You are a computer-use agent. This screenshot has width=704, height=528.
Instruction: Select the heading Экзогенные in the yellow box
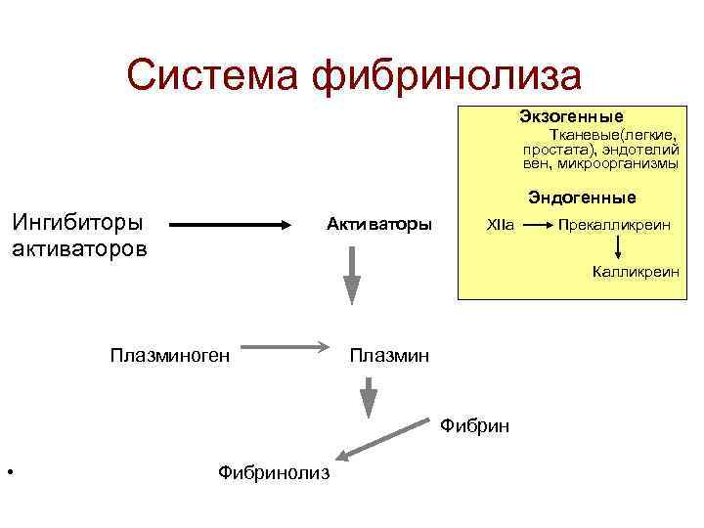[x=571, y=115]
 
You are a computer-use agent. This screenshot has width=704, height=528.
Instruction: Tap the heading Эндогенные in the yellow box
[x=582, y=198]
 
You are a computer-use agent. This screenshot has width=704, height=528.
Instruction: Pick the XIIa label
[x=499, y=225]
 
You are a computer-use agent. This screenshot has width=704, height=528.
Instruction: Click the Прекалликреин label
[x=614, y=225]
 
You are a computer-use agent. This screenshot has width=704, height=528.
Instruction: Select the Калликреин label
[x=635, y=271]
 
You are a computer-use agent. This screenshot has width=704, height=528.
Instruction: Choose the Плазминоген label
[x=170, y=354]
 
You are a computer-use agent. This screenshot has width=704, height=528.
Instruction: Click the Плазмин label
[x=388, y=354]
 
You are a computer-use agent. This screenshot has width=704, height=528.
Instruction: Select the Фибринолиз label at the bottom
[x=275, y=473]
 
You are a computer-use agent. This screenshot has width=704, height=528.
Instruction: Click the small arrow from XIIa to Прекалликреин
[x=533, y=225]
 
